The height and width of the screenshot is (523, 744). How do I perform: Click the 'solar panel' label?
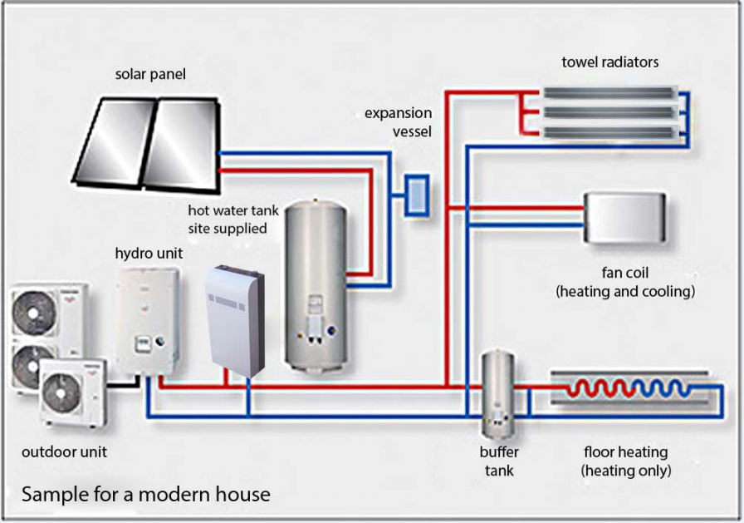[x=150, y=75]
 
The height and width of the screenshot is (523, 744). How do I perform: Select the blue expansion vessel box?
[x=416, y=196]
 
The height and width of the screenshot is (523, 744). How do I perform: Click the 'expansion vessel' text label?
[x=399, y=122]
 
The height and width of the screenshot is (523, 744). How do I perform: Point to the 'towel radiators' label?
[x=609, y=62]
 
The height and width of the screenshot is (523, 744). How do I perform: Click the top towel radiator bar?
[x=610, y=93]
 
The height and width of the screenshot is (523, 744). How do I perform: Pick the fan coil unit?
[x=625, y=218]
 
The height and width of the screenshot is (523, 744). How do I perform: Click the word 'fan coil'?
[x=624, y=273]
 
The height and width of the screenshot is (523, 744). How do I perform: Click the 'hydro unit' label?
[x=149, y=253]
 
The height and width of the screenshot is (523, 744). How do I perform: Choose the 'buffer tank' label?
[x=499, y=461]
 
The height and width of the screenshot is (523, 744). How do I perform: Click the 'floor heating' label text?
[x=625, y=452]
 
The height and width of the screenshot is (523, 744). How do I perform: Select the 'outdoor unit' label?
[x=64, y=452]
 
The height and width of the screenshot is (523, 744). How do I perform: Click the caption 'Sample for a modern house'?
[x=146, y=494]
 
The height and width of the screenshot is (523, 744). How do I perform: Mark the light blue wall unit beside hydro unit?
[x=234, y=317]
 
